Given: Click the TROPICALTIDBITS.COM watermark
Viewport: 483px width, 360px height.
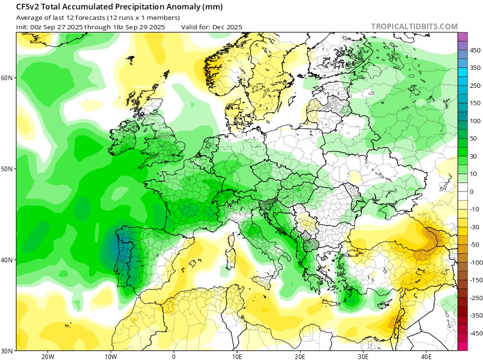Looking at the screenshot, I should coord(414,26).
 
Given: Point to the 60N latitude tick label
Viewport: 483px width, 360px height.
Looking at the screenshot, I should coord(8,77).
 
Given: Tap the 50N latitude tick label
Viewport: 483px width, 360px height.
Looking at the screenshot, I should coord(8,169).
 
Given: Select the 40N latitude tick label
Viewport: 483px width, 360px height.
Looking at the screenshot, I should coord(8,260).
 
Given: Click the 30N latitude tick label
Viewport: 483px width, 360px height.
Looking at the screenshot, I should coord(8,351).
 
